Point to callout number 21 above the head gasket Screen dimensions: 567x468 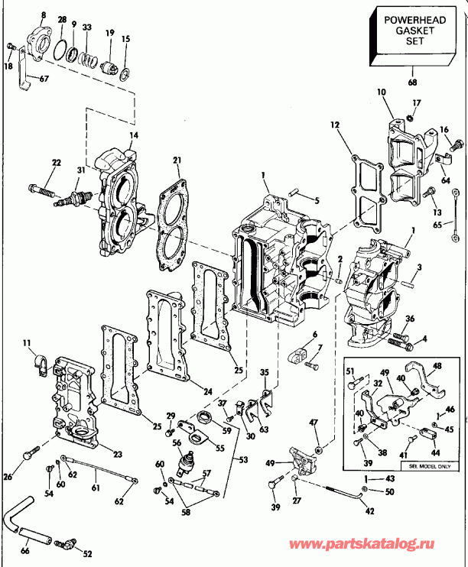pyautogui.click(x=177, y=160)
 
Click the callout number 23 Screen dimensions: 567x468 pyautogui.click(x=117, y=454)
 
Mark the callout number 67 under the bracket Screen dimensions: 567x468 pyautogui.click(x=44, y=78)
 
